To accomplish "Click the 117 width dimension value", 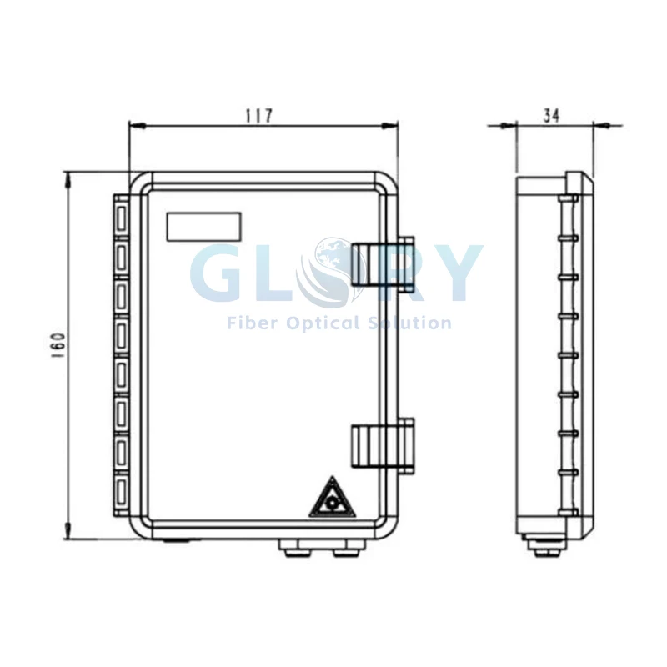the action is coord(258,115).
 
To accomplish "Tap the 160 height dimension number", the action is coord(58,345).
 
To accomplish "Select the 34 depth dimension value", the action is coord(552,115).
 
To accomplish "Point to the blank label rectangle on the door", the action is coord(203,227).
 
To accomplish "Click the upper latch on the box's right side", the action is coord(383,263).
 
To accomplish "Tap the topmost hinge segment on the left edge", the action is coord(121,218).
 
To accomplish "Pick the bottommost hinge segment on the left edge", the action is coord(121,494).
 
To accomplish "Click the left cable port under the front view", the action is coord(290,549).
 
